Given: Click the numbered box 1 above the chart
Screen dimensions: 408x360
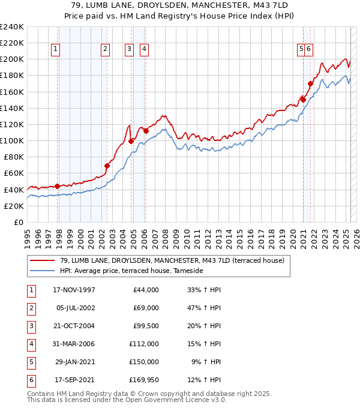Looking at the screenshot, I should coord(55,50).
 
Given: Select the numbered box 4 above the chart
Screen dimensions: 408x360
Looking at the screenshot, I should coord(145,50).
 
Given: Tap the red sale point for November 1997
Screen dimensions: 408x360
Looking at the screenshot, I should coord(58,186).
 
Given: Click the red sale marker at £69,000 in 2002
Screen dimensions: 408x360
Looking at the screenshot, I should coord(107,166).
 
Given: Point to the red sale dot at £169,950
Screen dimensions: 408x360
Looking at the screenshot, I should coord(310,83).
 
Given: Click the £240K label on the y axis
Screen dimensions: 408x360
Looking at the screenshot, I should coord(12,27).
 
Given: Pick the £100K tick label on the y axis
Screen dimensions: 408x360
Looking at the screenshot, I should coord(12,140).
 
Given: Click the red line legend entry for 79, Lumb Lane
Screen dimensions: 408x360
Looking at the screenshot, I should coord(167,260).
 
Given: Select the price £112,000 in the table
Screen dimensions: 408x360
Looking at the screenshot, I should coord(143,344).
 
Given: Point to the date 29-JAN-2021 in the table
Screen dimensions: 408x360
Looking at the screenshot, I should coord(74,362).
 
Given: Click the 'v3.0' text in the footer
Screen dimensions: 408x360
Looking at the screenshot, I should coord(218,400).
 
